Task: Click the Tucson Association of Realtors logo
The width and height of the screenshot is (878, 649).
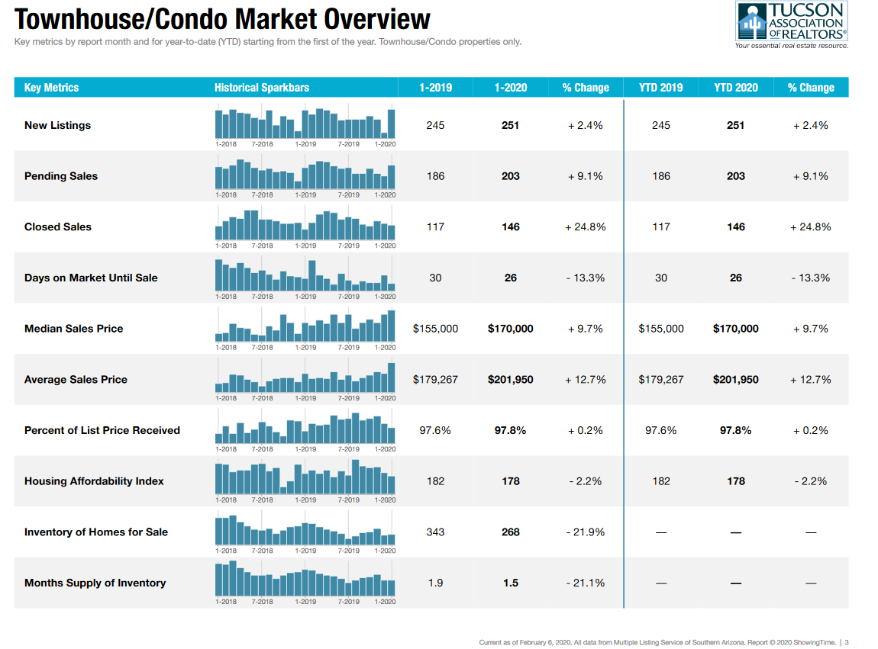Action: (791, 24)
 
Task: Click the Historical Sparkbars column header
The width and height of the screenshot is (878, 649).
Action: (262, 88)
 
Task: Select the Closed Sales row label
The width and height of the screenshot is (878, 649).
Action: (58, 227)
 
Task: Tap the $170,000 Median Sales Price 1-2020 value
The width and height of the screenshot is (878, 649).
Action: (510, 329)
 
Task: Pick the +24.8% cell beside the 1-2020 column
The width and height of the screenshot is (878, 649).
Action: (586, 227)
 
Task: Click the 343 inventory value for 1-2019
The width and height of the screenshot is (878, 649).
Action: (435, 532)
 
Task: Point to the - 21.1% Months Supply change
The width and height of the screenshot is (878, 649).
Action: (586, 583)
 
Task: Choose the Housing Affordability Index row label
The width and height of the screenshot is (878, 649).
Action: (94, 481)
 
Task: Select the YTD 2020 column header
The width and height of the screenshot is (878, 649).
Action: (736, 88)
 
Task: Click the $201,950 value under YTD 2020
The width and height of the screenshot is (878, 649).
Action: (736, 380)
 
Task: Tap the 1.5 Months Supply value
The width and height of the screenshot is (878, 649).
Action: (510, 583)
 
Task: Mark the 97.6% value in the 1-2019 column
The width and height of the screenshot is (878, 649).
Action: (435, 430)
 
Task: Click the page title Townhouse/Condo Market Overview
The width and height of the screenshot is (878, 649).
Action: (222, 19)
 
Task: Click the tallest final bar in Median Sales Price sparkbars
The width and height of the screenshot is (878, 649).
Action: (392, 326)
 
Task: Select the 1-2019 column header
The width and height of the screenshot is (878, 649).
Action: (435, 88)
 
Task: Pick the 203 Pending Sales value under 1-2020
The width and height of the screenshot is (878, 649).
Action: (510, 176)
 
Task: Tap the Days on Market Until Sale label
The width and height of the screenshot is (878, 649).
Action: (91, 278)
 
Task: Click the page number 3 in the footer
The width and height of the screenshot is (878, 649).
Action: (847, 642)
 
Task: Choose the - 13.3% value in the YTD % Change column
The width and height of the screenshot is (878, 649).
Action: (811, 278)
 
